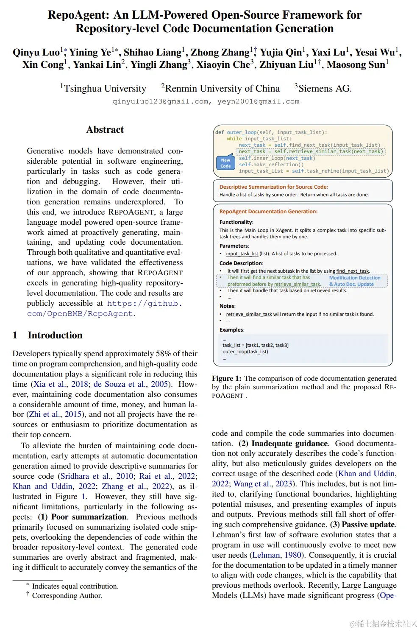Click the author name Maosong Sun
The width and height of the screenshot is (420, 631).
pyautogui.click(x=356, y=65)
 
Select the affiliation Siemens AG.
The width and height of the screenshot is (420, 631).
pyautogui.click(x=324, y=89)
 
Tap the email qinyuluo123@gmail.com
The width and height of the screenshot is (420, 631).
pyautogui.click(x=160, y=102)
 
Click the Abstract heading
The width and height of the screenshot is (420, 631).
pyautogui.click(x=105, y=130)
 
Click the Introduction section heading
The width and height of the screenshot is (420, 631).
pyautogui.click(x=55, y=335)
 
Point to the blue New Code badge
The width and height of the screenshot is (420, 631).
pyautogui.click(x=225, y=163)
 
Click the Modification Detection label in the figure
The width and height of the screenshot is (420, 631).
pyautogui.click(x=355, y=278)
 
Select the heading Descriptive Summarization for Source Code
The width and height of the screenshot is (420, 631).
pyautogui.click(x=273, y=187)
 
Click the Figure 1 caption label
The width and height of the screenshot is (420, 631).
pyautogui.click(x=226, y=379)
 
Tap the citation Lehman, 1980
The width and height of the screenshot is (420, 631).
pyautogui.click(x=277, y=555)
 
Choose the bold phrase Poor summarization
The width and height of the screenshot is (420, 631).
pyautogui.click(x=89, y=517)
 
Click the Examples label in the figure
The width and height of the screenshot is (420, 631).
pyautogui.click(x=231, y=330)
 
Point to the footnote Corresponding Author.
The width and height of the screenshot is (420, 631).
pyautogui.click(x=67, y=596)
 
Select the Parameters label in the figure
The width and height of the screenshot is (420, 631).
pyautogui.click(x=234, y=246)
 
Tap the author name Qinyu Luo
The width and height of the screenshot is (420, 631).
pyautogui.click(x=36, y=53)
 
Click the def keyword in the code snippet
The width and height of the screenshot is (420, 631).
pyautogui.click(x=220, y=132)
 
